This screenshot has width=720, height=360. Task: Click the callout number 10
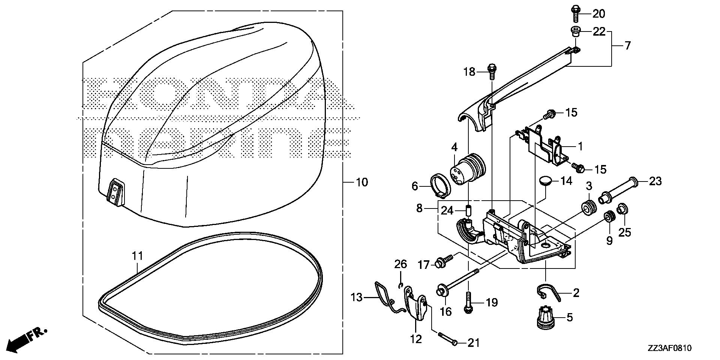click(361, 183)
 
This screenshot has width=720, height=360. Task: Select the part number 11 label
click(138, 256)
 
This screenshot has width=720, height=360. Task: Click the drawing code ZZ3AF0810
click(669, 348)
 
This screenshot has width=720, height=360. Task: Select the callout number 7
click(627, 46)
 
